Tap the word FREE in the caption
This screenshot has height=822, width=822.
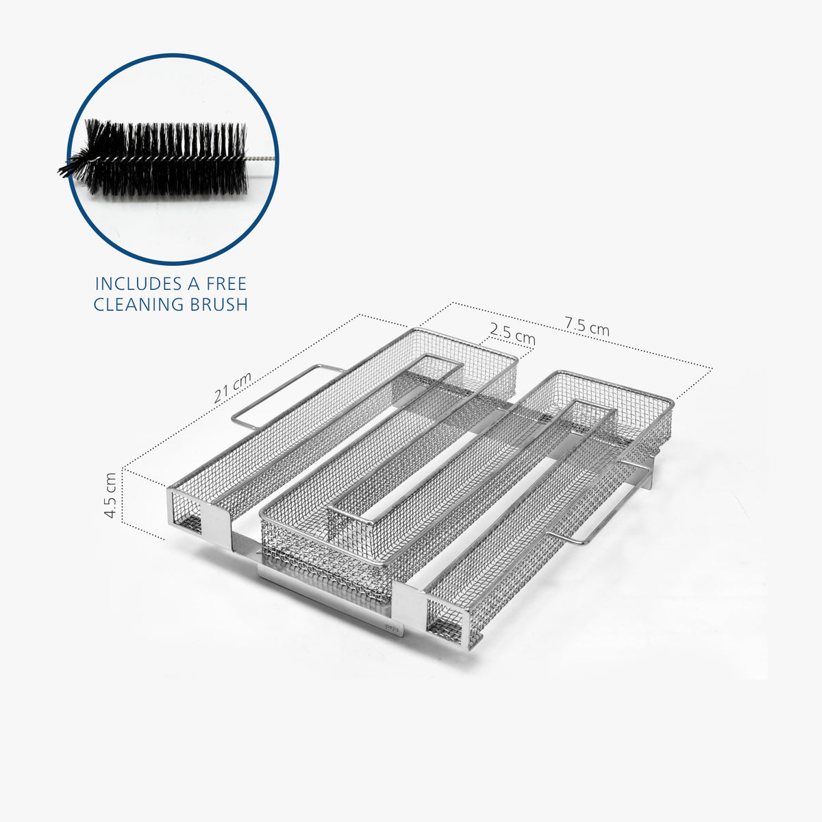click(x=223, y=284)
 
